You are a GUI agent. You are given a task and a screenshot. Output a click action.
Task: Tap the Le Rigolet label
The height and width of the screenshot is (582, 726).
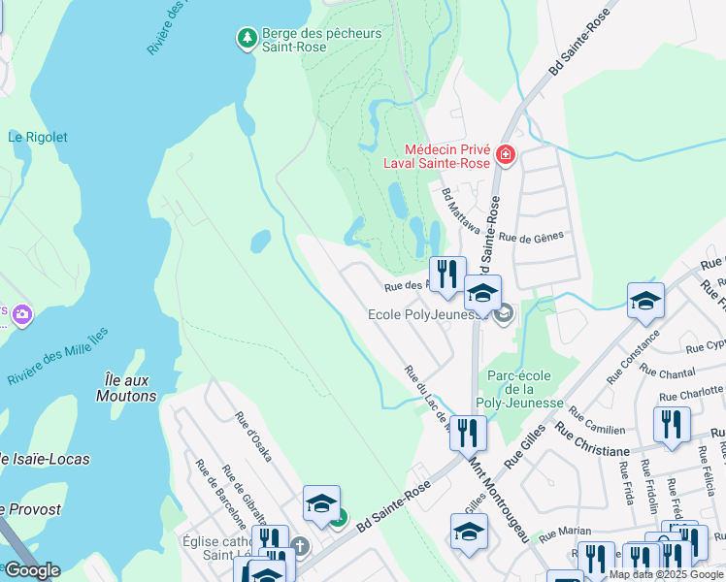point(38,138)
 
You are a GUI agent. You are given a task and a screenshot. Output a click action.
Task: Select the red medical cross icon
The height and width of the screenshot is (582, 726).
point(504,155)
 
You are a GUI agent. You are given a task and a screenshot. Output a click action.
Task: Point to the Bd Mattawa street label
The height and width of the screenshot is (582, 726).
point(461,211)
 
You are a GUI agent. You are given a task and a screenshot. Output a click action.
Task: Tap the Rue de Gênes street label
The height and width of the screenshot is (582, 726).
point(531,236)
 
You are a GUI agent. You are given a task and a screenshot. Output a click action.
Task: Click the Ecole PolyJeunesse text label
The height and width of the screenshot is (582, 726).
point(427,314)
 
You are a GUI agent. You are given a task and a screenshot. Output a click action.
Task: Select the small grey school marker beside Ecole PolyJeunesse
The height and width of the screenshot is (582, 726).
point(503,313)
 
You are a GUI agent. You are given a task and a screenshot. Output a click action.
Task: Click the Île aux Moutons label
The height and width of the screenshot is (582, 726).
point(126,387)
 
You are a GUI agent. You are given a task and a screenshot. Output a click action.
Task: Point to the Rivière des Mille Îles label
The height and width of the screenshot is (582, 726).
point(58,353)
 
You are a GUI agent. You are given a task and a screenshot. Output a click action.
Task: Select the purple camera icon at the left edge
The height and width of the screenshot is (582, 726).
point(21,314)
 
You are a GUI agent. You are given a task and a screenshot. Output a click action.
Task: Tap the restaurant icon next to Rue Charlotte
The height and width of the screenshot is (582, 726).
point(671,424)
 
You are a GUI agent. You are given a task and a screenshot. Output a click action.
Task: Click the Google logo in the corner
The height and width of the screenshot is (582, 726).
point(32,570)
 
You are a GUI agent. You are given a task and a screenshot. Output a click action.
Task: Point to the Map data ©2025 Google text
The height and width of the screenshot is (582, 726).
point(666,574)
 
